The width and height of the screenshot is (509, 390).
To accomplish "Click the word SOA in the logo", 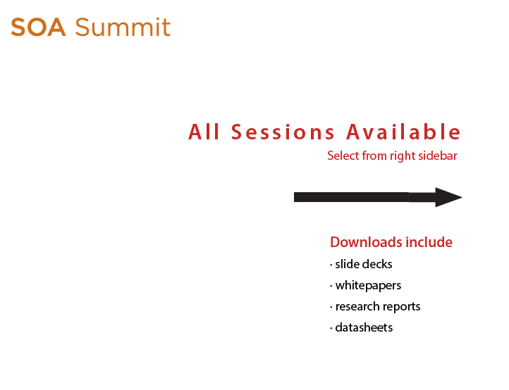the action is [x=38, y=27].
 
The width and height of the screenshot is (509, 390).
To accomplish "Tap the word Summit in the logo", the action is [x=123, y=27].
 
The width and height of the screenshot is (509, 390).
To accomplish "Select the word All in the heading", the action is [x=204, y=132].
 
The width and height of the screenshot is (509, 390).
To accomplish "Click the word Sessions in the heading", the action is [x=283, y=132].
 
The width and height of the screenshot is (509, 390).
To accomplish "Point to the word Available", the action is [x=403, y=132].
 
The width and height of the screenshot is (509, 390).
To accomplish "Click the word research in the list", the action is [x=357, y=306].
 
